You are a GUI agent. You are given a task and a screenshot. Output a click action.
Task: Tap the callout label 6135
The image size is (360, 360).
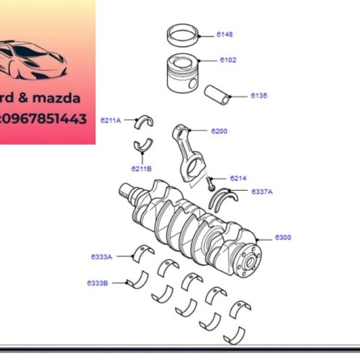pyautogui.click(x=259, y=95)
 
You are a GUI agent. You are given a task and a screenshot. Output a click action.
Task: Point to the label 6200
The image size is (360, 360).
pyautogui.click(x=219, y=132)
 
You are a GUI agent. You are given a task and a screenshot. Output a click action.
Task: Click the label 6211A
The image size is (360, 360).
pyautogui.click(x=111, y=120)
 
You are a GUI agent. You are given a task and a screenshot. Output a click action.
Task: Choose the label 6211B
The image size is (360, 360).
pyautogui.click(x=141, y=168)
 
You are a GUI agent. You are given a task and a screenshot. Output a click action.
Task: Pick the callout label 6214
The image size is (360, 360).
pyautogui.click(x=238, y=178)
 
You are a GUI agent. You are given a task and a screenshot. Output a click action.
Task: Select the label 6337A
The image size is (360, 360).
pyautogui.click(x=262, y=192)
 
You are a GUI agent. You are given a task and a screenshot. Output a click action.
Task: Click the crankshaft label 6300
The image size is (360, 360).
pyautogui.click(x=283, y=237)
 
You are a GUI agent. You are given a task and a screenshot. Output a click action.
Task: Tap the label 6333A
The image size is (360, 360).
pyautogui.click(x=101, y=257)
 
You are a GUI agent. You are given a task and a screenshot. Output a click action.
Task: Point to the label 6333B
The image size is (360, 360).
pyautogui.click(x=98, y=283)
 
